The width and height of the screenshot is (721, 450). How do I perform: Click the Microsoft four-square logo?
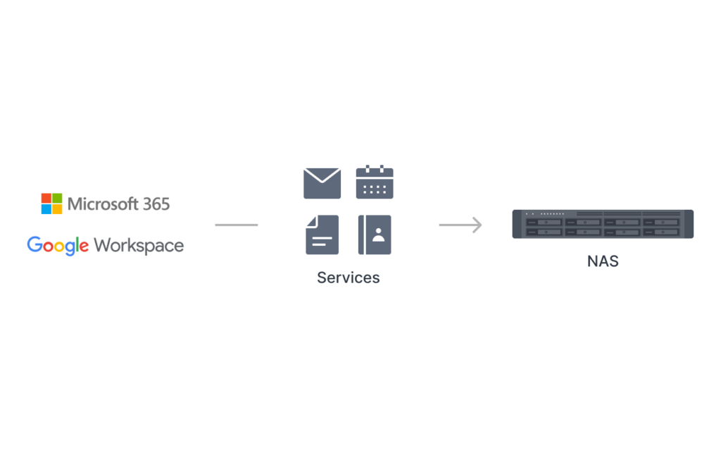[x=51, y=204]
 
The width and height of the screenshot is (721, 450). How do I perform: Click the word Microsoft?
[x=103, y=204]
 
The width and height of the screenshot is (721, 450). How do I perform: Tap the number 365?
[x=156, y=204]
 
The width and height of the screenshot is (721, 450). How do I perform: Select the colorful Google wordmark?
[x=58, y=246]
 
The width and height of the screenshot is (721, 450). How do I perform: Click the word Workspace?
[x=139, y=246]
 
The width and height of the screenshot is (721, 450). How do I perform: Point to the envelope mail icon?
[x=322, y=183]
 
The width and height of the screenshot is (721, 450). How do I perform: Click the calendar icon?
[x=375, y=182]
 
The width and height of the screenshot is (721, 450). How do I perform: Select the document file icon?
[x=322, y=235]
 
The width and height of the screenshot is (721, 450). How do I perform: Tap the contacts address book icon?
[x=375, y=235]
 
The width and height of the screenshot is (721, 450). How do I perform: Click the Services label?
[x=348, y=277]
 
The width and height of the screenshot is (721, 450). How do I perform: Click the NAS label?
[x=603, y=261]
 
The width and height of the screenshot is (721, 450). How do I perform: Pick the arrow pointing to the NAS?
[x=460, y=225]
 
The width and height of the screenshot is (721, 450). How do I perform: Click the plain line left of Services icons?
[x=237, y=225]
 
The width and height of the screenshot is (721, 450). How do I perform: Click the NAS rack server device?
[x=603, y=224]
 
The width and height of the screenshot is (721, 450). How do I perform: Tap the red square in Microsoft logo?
[x=46, y=198]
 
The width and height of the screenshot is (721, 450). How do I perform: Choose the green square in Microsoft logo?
[x=57, y=198]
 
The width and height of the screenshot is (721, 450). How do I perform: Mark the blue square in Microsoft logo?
[x=46, y=209]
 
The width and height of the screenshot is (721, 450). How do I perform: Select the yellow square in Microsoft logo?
[x=57, y=209]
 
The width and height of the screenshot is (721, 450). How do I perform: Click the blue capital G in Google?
[x=35, y=244]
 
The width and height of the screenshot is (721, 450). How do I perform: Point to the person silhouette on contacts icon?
[x=378, y=235]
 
